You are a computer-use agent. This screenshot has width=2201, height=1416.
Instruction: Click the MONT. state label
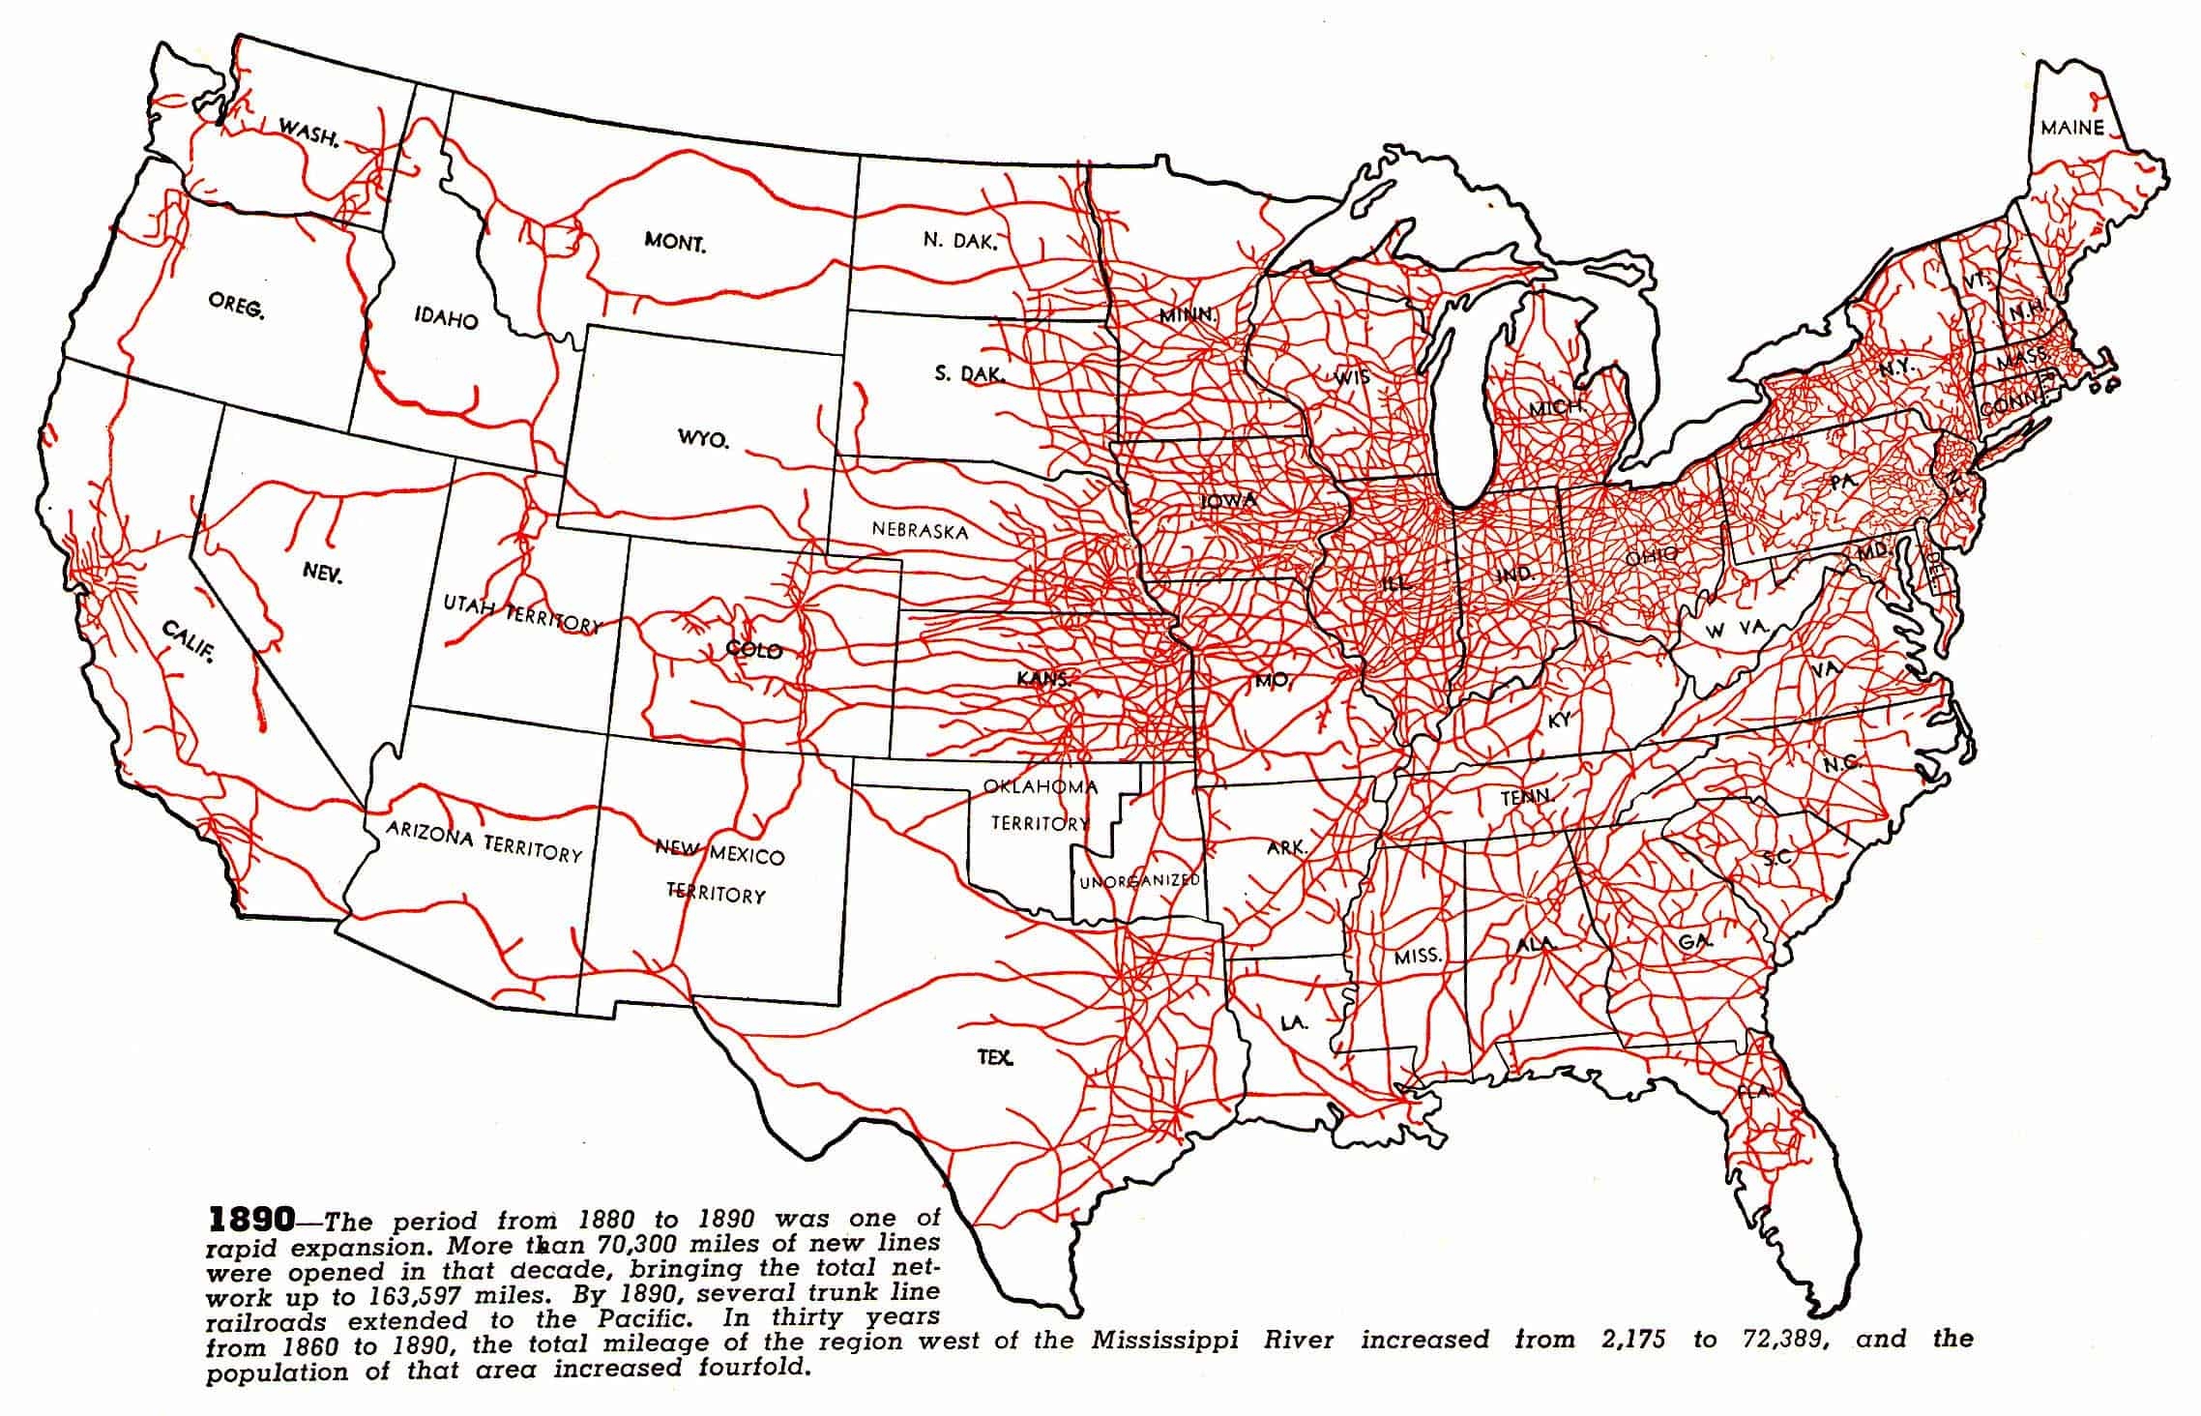675,242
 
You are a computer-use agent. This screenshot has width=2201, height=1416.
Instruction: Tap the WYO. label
703,439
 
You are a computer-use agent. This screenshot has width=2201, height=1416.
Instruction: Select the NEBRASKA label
919,530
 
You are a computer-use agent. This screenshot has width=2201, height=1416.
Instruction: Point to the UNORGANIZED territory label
1139,881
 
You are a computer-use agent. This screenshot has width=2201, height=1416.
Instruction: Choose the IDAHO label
446,318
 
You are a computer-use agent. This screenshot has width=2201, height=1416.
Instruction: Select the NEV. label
322,573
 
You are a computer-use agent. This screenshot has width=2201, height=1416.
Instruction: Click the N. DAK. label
958,241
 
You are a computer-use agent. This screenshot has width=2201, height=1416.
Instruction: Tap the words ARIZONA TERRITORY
484,841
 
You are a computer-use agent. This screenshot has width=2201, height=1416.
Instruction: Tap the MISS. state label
1418,957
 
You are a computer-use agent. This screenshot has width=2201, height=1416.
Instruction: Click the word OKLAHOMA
1041,786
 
